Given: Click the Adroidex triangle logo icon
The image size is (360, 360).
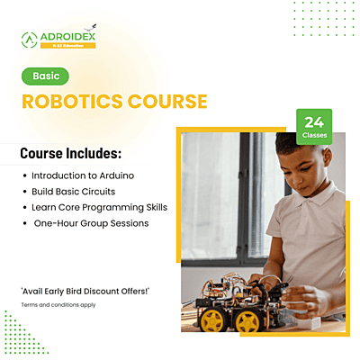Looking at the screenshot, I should pyautogui.click(x=30, y=39).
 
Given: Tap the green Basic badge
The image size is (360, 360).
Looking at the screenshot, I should pyautogui.click(x=45, y=76).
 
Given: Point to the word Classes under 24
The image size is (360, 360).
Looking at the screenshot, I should pyautogui.click(x=314, y=134).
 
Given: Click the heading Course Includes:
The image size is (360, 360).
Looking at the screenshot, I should pyautogui.click(x=71, y=153).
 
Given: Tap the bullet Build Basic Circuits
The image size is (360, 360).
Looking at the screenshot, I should pyautogui.click(x=78, y=191).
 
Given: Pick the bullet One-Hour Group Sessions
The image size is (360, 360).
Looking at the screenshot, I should pyautogui.click(x=90, y=223).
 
